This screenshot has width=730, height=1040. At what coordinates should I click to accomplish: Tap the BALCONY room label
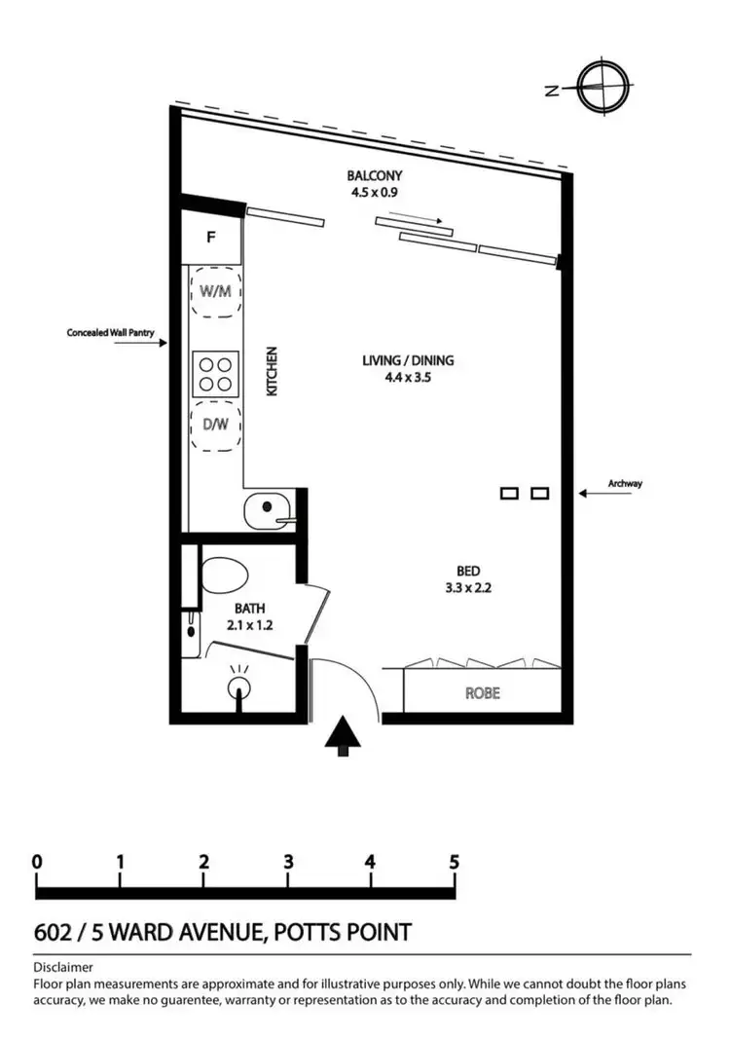375,176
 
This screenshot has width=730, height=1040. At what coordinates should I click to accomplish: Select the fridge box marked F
211,237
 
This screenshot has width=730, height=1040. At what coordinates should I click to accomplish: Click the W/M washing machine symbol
215,289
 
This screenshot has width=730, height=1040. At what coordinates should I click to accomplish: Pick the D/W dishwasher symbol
215,425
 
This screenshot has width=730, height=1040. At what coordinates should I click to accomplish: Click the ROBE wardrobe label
482,694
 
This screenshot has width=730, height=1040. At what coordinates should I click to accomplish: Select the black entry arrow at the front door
342,735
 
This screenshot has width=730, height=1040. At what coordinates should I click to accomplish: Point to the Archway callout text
625,483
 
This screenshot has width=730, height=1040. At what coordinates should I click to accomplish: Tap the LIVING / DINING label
408,360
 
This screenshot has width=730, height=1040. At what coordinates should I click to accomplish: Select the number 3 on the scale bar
288,862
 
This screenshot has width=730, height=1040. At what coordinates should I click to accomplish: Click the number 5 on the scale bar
454,862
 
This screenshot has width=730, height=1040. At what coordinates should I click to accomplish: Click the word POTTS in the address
308,932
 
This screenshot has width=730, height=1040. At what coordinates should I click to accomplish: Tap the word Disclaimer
63,967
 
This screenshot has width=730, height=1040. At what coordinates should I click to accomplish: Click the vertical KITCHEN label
273,371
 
